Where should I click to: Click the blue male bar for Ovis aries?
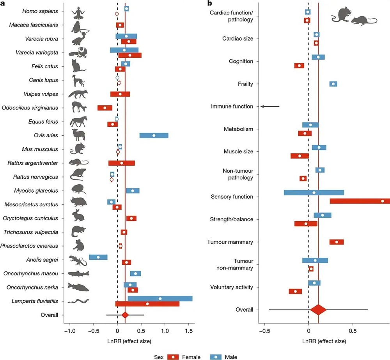point(154,135)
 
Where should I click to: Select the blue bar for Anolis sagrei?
point(98,257)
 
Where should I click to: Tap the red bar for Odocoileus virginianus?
point(105,108)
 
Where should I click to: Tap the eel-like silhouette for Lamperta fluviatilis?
point(78,301)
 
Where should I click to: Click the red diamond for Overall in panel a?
point(125,315)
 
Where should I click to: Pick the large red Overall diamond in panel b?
point(318,310)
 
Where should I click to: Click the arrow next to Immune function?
point(270,106)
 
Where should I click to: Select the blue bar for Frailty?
point(333,84)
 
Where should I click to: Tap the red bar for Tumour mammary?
point(336,242)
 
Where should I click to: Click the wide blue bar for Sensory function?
point(314,192)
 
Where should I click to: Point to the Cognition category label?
point(241,61)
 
